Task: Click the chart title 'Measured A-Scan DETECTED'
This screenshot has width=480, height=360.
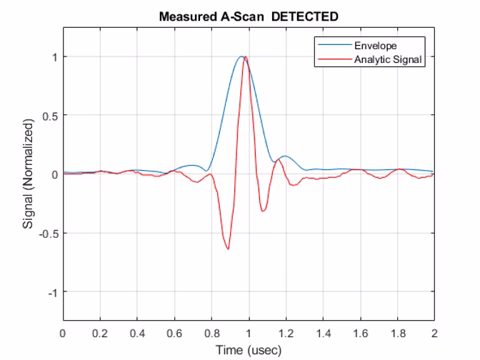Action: pos(249,15)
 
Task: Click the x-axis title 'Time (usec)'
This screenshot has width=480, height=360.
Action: pos(249,349)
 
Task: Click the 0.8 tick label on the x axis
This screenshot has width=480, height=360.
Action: pos(211,333)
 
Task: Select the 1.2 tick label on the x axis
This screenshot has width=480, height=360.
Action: pos(286,333)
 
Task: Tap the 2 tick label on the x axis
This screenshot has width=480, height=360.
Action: pos(434,333)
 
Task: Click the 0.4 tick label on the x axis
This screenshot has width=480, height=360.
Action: pos(137,333)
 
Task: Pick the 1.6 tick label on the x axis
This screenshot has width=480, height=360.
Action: pos(360,333)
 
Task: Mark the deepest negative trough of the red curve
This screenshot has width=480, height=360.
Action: pos(228,249)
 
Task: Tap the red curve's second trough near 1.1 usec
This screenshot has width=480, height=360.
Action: pos(264,211)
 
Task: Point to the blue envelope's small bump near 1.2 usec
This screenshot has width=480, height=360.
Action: pos(285,156)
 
